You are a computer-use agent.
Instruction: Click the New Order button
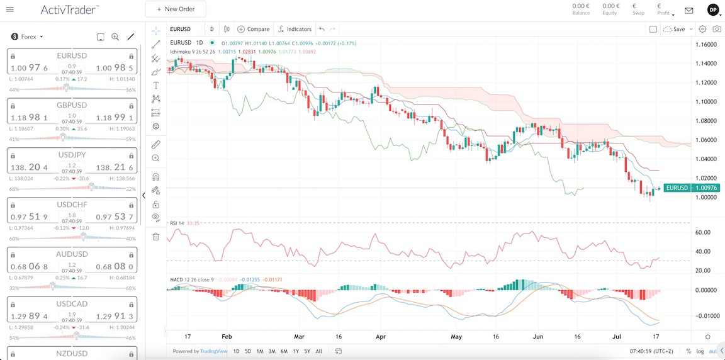pyautogui.click(x=176, y=9)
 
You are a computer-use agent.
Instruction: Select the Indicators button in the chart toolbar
pyautogui.click(x=295, y=29)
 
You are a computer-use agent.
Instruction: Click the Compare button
pyautogui.click(x=254, y=29)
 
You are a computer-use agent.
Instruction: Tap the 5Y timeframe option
pyautogui.click(x=306, y=351)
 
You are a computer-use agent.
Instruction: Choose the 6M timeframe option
pyautogui.click(x=284, y=351)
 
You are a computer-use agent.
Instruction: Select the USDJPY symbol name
pyautogui.click(x=72, y=154)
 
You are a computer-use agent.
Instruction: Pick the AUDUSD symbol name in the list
pyautogui.click(x=72, y=254)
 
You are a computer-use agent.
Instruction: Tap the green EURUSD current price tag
pyautogui.click(x=677, y=188)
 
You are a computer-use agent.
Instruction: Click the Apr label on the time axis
pyautogui.click(x=380, y=337)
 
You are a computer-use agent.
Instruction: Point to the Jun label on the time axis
pyautogui.click(x=539, y=337)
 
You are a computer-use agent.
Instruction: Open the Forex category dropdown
pyautogui.click(x=28, y=37)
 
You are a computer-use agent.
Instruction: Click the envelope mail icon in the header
pyautogui.click(x=688, y=10)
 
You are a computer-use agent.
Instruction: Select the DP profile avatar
pyautogui.click(x=713, y=9)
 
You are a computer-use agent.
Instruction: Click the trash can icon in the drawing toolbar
pyautogui.click(x=156, y=237)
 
